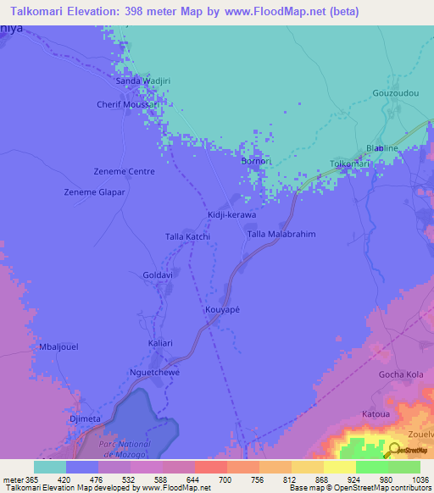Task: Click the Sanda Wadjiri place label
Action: click(x=143, y=80)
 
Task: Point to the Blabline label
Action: click(x=381, y=148)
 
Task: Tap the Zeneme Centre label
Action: click(x=124, y=171)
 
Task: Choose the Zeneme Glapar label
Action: click(x=95, y=192)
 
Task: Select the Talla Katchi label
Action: click(x=187, y=236)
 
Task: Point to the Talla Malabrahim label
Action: click(x=281, y=234)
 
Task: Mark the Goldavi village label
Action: click(x=158, y=275)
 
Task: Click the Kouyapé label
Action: click(x=224, y=310)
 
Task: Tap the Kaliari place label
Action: click(x=160, y=343)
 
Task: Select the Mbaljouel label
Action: click(x=59, y=347)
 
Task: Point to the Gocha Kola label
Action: click(x=401, y=374)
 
